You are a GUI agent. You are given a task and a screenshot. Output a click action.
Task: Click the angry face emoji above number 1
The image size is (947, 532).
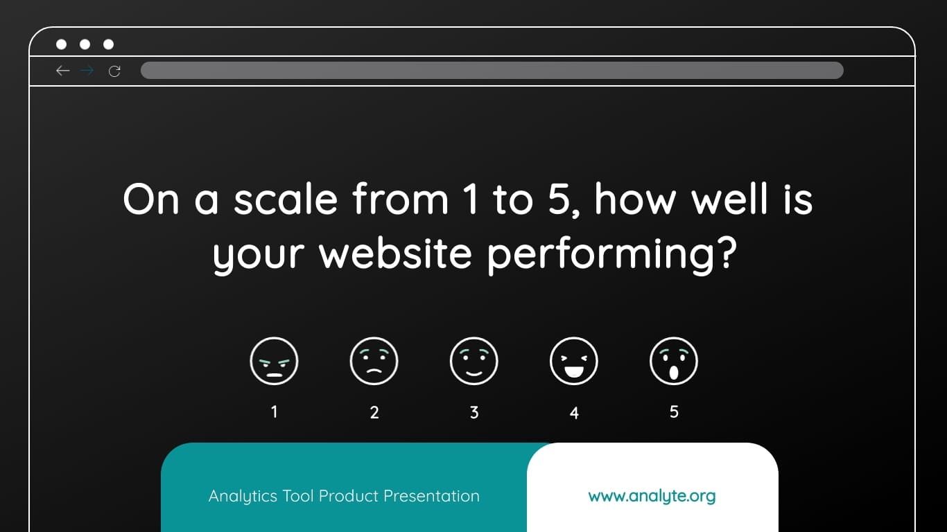point(274,361)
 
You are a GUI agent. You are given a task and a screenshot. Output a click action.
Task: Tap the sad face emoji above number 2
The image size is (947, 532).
point(374,361)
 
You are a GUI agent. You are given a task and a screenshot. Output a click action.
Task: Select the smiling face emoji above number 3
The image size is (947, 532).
point(474,361)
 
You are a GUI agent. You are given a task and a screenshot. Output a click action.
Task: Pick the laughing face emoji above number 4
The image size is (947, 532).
point(574,361)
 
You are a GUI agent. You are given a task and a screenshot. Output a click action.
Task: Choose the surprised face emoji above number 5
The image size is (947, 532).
point(674,361)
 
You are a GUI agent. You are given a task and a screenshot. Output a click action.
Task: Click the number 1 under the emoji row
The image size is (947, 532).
point(274,412)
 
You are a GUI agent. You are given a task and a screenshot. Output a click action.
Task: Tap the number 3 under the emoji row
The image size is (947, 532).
point(474,413)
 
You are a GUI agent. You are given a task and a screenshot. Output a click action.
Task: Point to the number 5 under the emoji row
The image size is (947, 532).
point(674,412)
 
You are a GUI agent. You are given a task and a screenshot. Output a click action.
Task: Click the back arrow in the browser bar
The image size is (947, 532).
point(63,71)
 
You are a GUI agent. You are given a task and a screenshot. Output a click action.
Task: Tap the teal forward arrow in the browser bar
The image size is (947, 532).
point(87,71)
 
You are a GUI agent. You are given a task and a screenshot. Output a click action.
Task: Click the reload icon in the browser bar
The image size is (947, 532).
point(114,71)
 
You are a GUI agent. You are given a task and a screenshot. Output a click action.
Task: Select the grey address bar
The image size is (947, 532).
point(492,71)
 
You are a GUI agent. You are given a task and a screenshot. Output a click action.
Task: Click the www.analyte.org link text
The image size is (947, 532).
point(652,496)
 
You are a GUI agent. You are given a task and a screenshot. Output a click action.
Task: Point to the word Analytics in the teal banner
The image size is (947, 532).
point(243,496)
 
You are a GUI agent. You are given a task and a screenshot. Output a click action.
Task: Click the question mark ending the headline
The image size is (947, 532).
point(724,254)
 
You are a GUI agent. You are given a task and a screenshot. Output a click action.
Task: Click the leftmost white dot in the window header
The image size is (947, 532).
point(61,44)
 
